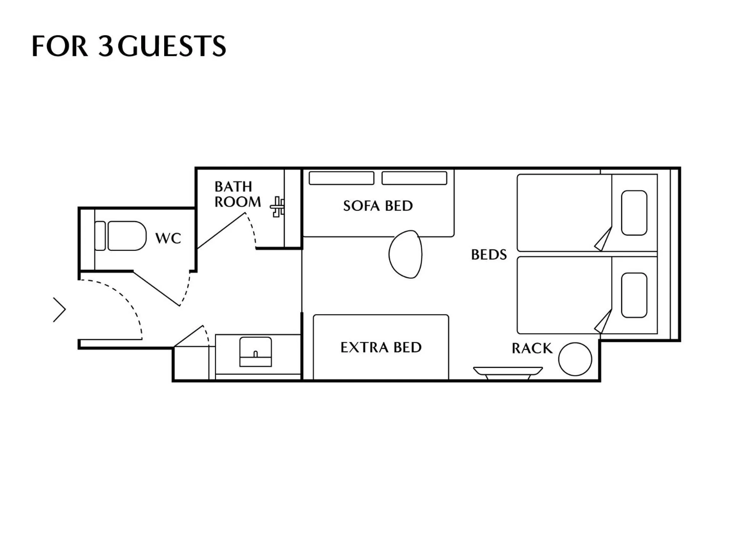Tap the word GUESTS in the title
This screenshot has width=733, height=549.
[x=172, y=46]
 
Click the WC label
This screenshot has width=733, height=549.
[x=168, y=238]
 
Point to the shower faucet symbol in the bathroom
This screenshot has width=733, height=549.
[x=278, y=207]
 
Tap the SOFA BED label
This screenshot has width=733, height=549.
[x=378, y=206]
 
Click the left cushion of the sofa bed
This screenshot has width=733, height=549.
[x=341, y=178]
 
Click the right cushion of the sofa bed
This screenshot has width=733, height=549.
[x=414, y=178]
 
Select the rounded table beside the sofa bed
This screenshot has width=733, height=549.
[x=406, y=254]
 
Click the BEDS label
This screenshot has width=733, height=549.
[x=489, y=255]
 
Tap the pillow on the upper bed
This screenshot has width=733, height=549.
[x=634, y=213]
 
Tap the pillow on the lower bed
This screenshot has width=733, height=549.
[x=634, y=295]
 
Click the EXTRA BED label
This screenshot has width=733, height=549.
[x=381, y=347]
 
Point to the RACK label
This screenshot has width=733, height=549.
[x=532, y=348]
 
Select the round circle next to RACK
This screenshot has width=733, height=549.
[x=575, y=359]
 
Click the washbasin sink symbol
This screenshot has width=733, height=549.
[x=255, y=351]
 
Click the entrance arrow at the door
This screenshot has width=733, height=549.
[x=60, y=310]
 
